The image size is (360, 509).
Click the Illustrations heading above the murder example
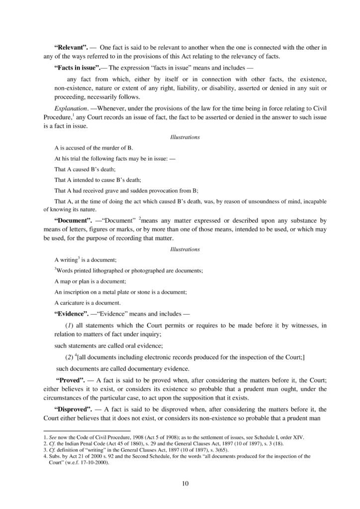(185, 136)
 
